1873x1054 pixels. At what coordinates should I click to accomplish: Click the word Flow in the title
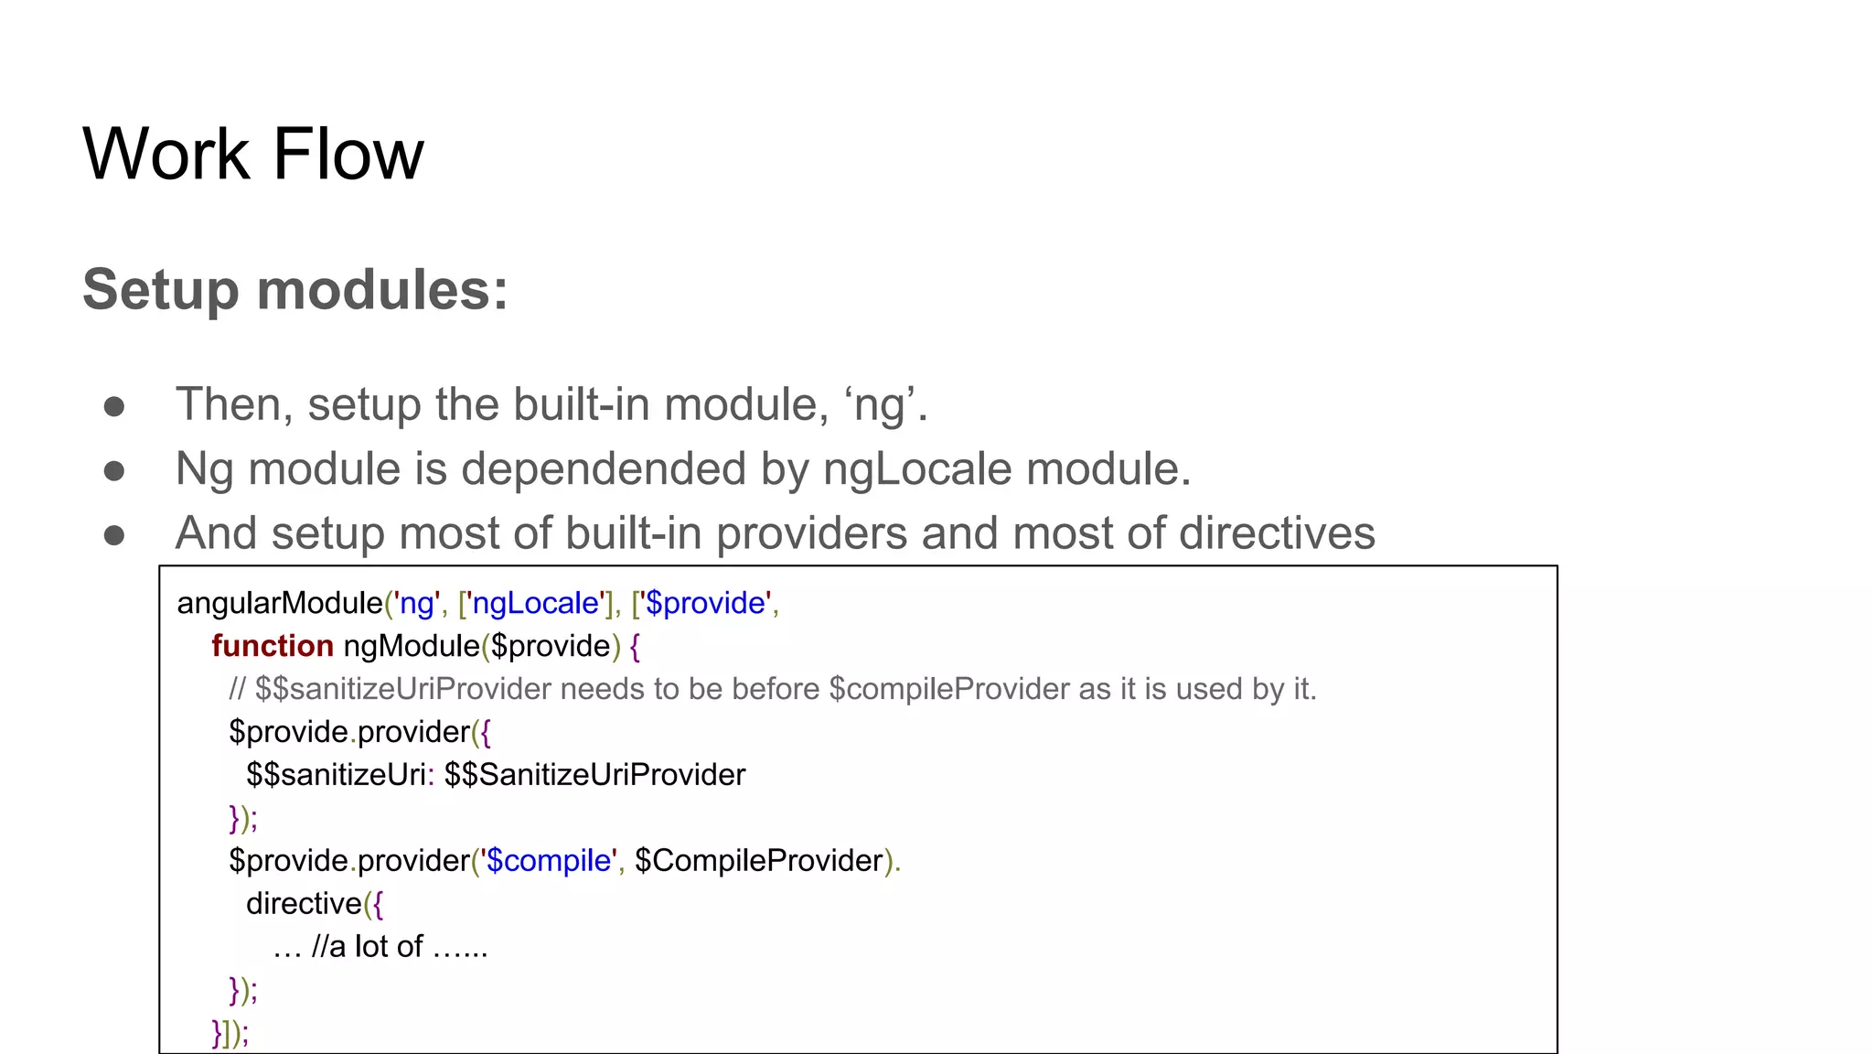point(348,154)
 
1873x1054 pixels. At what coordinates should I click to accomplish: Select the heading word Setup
point(161,291)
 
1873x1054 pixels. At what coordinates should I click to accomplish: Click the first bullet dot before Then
point(114,406)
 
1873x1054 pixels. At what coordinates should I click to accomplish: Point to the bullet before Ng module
point(114,470)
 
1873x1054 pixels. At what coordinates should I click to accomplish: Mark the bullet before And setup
point(114,534)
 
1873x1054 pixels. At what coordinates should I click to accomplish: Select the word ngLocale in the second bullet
point(917,469)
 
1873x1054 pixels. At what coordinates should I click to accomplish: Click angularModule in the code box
point(280,603)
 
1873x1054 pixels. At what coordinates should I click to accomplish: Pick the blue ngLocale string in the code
point(535,603)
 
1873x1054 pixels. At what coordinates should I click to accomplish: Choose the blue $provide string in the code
point(705,603)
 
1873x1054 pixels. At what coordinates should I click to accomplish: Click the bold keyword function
point(273,646)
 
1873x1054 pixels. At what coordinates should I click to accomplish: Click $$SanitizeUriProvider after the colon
point(595,775)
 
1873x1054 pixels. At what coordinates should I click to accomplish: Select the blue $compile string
point(548,861)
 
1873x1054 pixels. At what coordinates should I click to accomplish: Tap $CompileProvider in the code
point(759,861)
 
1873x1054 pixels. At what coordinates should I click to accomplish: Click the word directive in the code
point(304,904)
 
